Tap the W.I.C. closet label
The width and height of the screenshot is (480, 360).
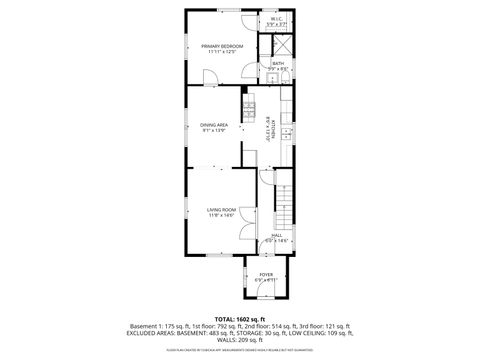coord(276,17)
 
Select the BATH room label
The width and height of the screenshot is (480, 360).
coord(278,63)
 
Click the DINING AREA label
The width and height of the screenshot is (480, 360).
coord(214,124)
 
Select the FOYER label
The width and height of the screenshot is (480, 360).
coord(266,274)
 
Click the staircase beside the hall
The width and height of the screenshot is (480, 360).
coord(286,209)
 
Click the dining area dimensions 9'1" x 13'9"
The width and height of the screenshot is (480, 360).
coord(214,130)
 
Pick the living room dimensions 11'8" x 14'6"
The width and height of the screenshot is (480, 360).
coord(221,214)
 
